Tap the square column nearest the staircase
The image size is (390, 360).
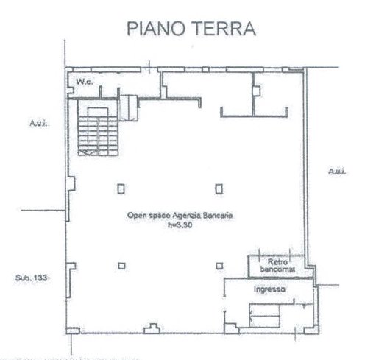click(x=121, y=187)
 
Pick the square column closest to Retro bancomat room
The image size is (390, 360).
click(x=219, y=265)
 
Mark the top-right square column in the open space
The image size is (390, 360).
click(x=219, y=187)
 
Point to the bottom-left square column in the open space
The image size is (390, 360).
click(x=121, y=265)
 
